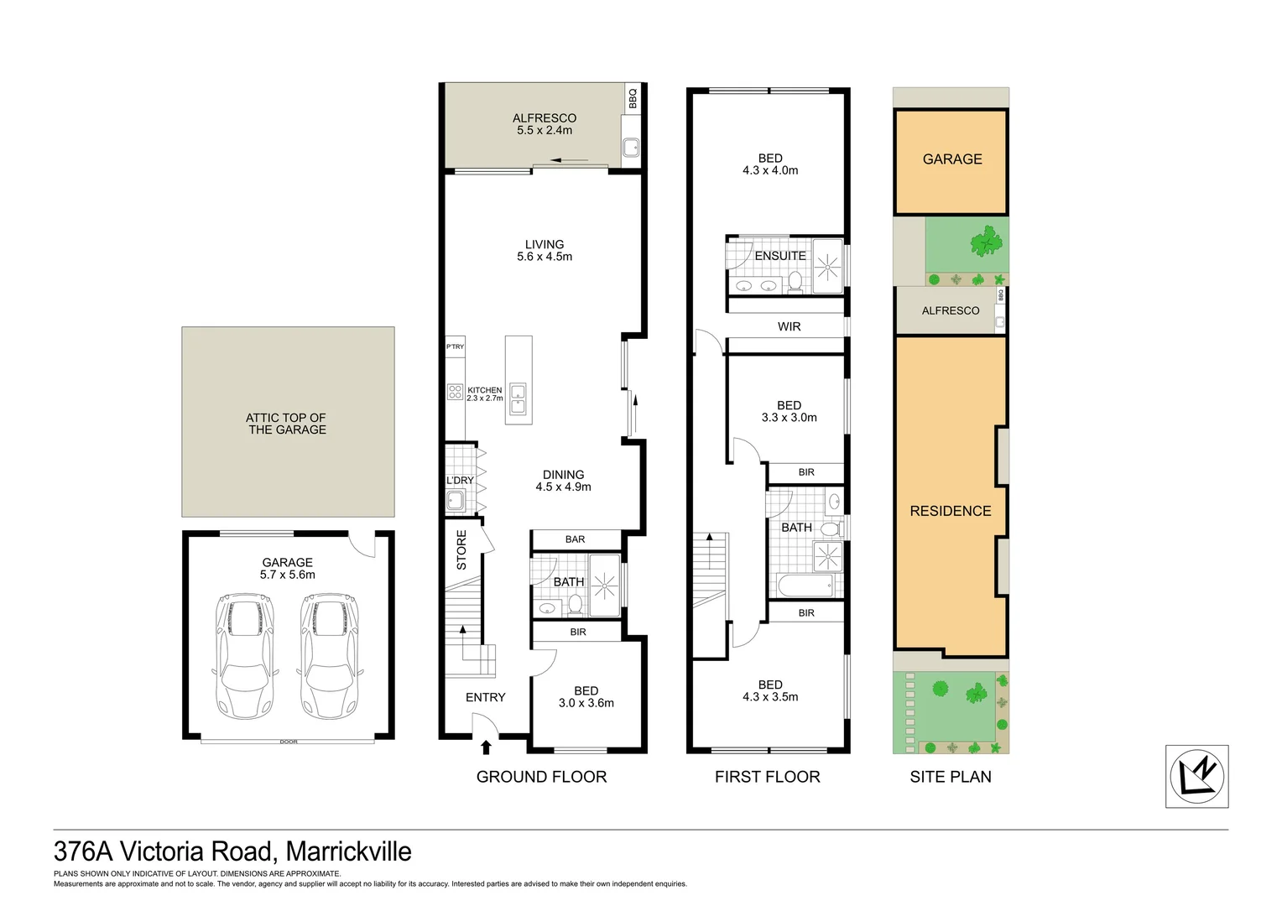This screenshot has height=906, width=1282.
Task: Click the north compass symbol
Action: click(1196, 776)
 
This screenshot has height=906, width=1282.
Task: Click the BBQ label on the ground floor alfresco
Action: click(633, 98)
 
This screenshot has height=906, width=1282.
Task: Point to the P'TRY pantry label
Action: click(455, 346)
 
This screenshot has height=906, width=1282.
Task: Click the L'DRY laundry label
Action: click(460, 481)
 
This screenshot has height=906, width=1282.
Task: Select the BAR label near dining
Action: click(575, 539)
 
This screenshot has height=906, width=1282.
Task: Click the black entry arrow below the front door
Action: click(486, 747)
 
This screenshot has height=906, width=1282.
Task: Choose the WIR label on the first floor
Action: click(789, 326)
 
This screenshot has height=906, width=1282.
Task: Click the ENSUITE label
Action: click(780, 256)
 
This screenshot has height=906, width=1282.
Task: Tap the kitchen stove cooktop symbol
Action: click(455, 392)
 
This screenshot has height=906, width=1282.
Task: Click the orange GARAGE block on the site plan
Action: click(951, 161)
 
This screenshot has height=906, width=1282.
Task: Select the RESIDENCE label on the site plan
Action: click(951, 511)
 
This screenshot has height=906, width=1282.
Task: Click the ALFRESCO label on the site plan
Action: click(950, 310)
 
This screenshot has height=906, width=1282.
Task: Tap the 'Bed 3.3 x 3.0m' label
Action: click(789, 411)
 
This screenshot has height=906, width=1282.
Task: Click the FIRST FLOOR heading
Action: click(767, 777)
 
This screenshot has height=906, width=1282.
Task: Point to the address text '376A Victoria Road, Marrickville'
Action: click(232, 851)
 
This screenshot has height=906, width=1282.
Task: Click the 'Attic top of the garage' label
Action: click(287, 424)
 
